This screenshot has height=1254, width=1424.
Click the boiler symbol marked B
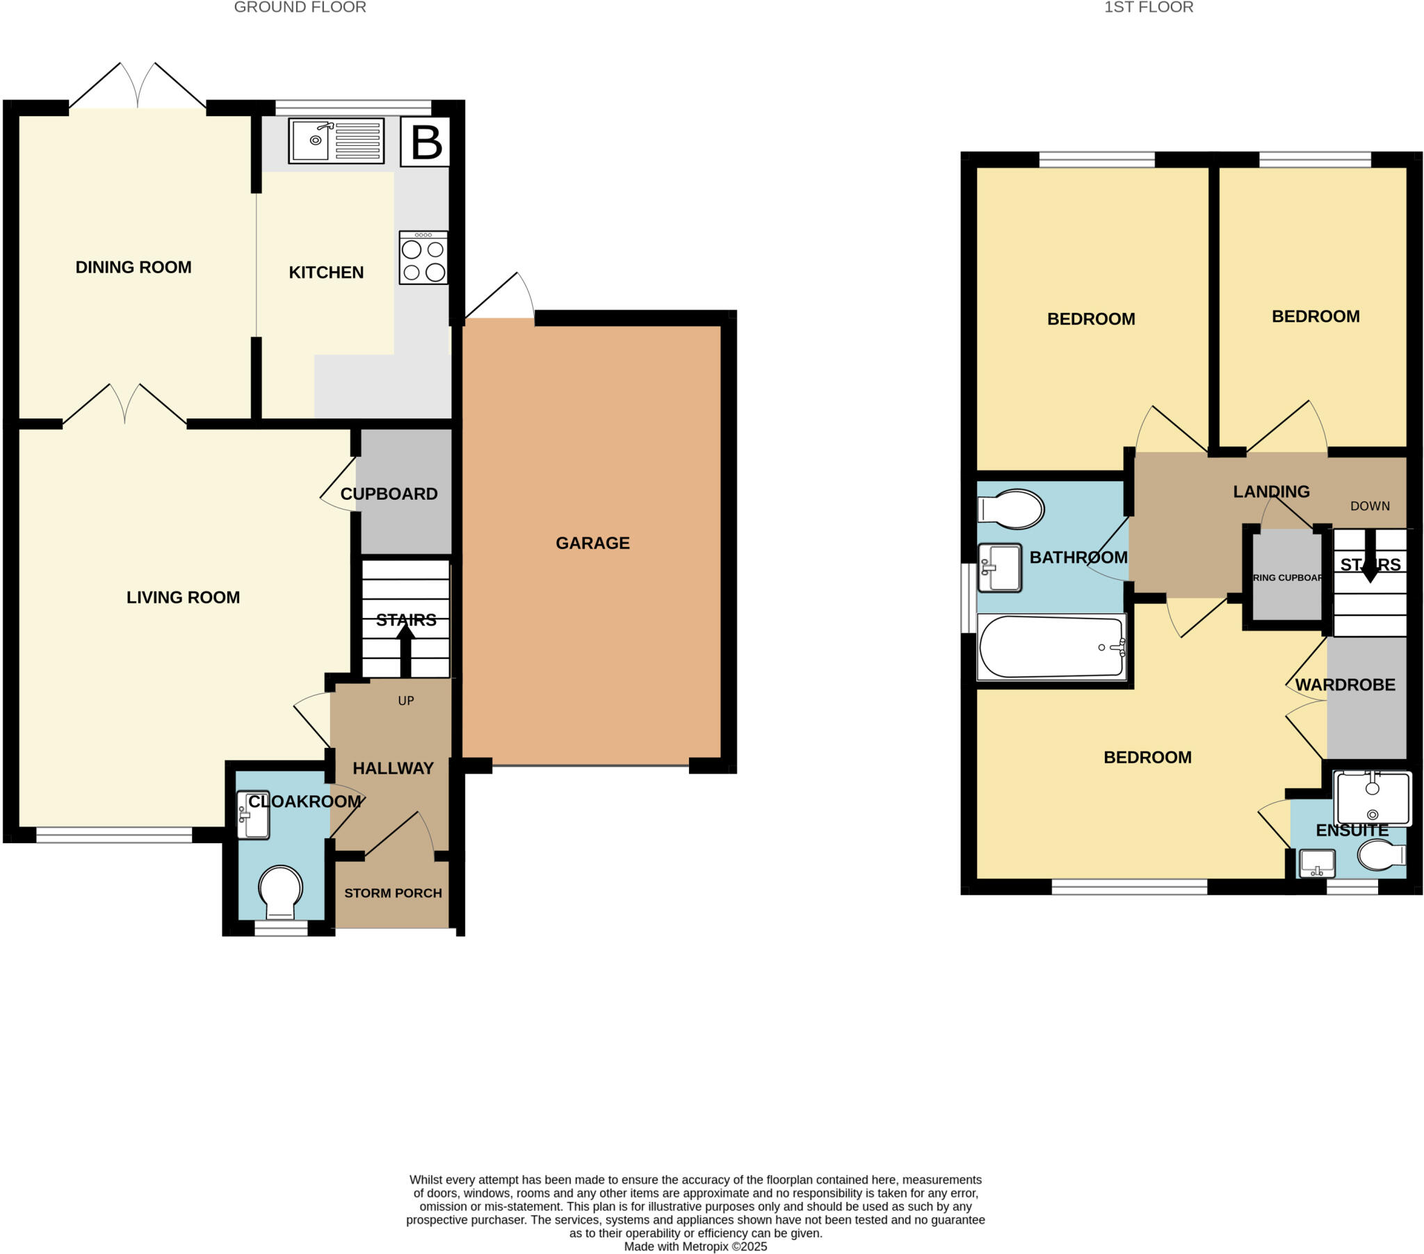point(426,142)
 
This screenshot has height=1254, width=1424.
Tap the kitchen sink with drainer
point(336,140)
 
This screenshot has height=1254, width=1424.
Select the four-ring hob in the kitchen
point(423,258)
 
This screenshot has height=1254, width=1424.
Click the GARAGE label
point(592,543)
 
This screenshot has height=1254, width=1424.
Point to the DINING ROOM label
point(133,267)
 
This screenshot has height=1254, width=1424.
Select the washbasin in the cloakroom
point(253,815)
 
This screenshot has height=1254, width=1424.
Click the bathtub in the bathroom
point(1051,646)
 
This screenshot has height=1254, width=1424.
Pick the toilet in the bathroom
point(1012,509)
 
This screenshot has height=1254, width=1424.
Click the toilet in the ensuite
point(1382,856)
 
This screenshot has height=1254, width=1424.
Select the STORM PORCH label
point(393,893)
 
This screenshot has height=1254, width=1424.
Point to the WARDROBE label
point(1345,685)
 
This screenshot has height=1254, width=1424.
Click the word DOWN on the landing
point(1370,506)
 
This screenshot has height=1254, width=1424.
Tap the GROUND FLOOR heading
point(300,8)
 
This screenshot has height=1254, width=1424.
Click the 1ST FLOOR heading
point(1148,8)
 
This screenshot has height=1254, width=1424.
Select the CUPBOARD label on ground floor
point(389,494)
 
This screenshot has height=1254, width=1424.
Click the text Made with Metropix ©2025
point(695,1246)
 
